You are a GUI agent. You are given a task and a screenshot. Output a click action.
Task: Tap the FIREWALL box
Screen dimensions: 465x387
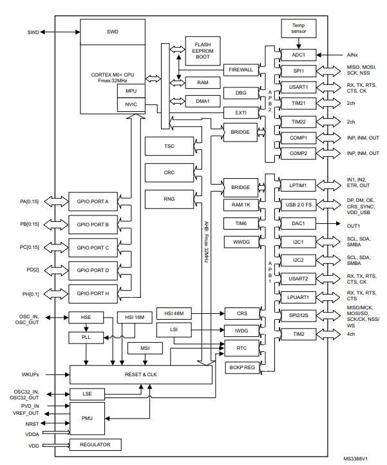coord(241,69)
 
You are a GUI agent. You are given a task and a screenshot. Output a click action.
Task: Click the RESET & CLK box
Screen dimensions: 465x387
coord(140,374)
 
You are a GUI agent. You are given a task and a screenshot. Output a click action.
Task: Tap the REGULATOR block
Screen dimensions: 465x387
coord(95,444)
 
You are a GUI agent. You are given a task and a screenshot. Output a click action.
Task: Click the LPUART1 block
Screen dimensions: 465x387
coord(297,298)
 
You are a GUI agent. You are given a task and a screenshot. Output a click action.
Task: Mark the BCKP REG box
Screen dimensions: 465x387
coord(241,367)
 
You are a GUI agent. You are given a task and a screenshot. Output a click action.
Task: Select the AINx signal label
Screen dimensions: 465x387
coord(353,55)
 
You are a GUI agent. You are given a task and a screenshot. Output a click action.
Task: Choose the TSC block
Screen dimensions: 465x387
coord(169,147)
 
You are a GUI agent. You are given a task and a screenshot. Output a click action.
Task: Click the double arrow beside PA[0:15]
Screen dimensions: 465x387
coord(55,201)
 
